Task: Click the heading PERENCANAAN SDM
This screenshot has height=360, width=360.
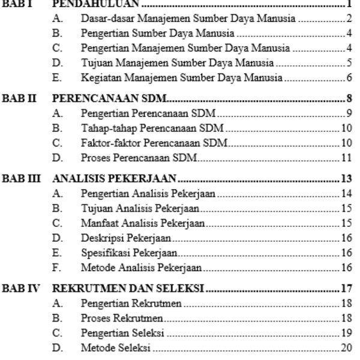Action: point(110,98)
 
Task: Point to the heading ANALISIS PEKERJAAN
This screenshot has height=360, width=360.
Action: point(114,178)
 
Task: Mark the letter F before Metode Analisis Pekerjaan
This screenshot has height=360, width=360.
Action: point(57,268)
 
